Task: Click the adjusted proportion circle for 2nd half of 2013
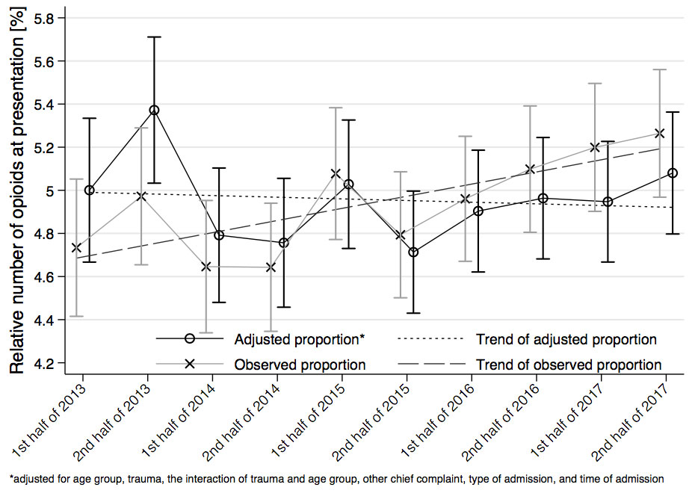[154, 111]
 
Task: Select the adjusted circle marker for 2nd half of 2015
[413, 252]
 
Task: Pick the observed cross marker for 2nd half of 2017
[659, 134]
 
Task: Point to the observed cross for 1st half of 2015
[335, 174]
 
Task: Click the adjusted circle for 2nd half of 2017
[673, 173]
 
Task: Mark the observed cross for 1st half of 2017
[595, 147]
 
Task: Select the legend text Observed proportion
[300, 365]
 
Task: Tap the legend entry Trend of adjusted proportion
[566, 340]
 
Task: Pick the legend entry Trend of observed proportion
[568, 365]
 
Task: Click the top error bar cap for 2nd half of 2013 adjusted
[154, 37]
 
